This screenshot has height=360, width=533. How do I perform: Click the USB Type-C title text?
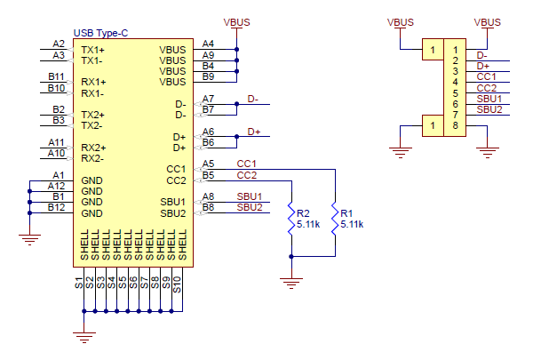(x=100, y=33)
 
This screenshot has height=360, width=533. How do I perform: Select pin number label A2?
(x=59, y=44)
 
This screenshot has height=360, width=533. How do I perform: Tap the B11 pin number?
(x=56, y=77)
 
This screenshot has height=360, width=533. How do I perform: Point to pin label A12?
(x=56, y=185)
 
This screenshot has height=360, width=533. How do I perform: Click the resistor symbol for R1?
(x=334, y=218)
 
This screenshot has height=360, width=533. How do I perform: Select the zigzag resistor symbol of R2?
(x=290, y=219)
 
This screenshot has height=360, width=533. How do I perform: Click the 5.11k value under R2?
(x=309, y=225)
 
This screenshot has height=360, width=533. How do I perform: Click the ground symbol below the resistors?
(x=290, y=282)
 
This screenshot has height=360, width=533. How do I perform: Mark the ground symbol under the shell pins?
(x=84, y=337)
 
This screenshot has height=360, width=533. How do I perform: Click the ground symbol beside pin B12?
(x=30, y=236)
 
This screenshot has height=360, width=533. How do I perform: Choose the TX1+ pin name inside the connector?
(x=92, y=50)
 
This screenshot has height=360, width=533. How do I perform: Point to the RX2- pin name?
(x=92, y=158)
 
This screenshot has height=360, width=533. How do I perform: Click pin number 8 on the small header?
(x=455, y=125)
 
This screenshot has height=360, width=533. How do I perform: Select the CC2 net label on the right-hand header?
(x=486, y=88)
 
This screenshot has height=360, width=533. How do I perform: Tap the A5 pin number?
(x=208, y=164)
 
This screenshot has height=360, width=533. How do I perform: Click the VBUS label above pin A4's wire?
(x=237, y=20)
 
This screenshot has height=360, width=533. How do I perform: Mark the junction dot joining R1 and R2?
(x=290, y=256)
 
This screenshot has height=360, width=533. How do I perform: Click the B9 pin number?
(x=208, y=76)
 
